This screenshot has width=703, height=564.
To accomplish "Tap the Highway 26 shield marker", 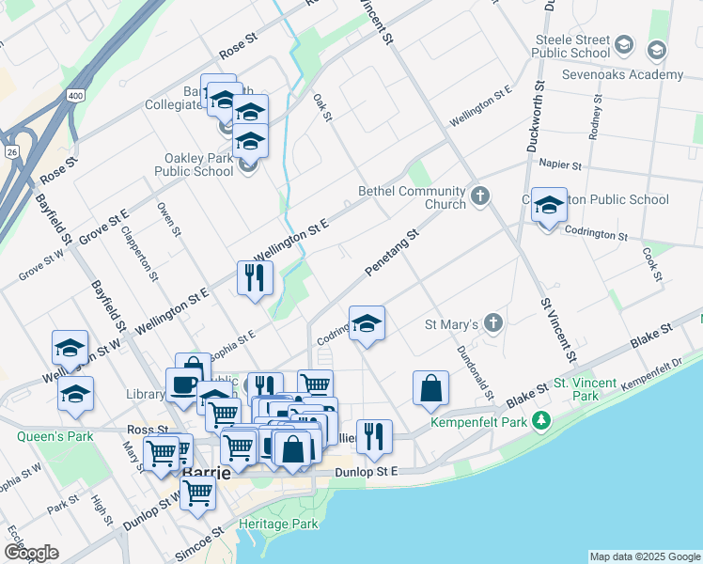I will [11, 150].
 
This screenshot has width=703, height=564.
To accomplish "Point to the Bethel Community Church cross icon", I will [480, 196].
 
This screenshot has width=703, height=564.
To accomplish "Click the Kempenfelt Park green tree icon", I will [540, 420].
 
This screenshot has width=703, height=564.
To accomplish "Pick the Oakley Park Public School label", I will [199, 164].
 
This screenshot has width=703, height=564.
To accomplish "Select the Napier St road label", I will [561, 164].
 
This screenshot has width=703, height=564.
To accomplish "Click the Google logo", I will [31, 553].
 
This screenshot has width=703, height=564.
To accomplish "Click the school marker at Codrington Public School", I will [548, 206].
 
